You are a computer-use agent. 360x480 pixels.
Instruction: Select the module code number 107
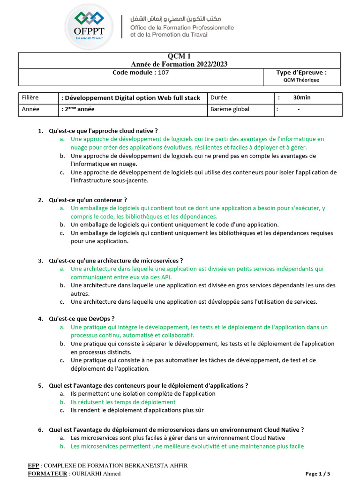[x=163, y=73]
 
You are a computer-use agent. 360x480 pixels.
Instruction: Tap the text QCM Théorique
[x=301, y=80]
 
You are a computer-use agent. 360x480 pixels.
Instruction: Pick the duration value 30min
[x=302, y=97]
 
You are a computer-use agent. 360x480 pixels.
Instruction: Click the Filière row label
[x=30, y=97]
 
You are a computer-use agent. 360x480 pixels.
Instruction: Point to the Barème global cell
[x=230, y=109]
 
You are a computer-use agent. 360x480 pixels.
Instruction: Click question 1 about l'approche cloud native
[x=103, y=131]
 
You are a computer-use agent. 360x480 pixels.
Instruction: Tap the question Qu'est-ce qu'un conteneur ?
[x=88, y=200]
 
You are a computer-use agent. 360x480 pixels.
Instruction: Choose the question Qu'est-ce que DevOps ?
[x=82, y=319]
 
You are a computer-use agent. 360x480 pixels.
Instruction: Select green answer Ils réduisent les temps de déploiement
[x=123, y=402]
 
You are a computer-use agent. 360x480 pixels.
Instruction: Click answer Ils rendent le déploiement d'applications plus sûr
[x=137, y=410]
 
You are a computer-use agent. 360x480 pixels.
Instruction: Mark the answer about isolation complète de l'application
[x=143, y=394]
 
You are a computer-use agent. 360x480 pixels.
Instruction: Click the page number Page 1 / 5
[x=321, y=473]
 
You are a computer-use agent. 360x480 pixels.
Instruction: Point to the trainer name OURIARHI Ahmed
[x=95, y=473]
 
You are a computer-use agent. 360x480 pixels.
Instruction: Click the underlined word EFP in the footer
[x=33, y=465]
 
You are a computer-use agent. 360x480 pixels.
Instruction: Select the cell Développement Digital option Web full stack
[x=132, y=98]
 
